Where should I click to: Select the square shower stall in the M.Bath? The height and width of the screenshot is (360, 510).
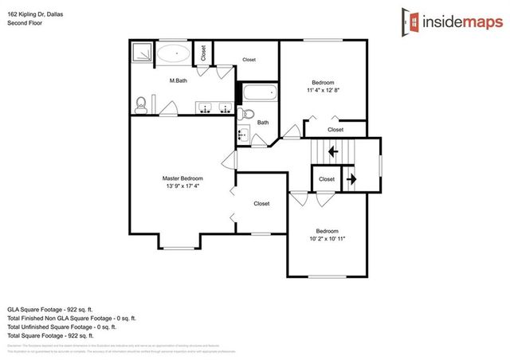142,53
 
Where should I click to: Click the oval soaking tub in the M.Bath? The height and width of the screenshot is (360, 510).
172,54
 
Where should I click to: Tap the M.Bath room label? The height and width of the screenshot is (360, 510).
178,80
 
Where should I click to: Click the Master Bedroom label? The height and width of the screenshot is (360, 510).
182,178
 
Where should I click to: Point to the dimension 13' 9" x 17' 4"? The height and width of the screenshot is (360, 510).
182,186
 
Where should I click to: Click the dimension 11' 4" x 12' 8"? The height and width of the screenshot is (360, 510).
323,91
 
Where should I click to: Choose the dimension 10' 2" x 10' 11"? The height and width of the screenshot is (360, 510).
327,238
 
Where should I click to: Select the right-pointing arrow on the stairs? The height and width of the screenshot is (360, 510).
350,180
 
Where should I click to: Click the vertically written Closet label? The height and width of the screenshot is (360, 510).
203,53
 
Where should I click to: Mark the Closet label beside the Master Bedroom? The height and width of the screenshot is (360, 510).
261,204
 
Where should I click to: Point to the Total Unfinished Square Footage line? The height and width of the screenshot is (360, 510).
61,327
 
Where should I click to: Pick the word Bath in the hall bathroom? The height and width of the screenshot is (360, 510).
262,122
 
